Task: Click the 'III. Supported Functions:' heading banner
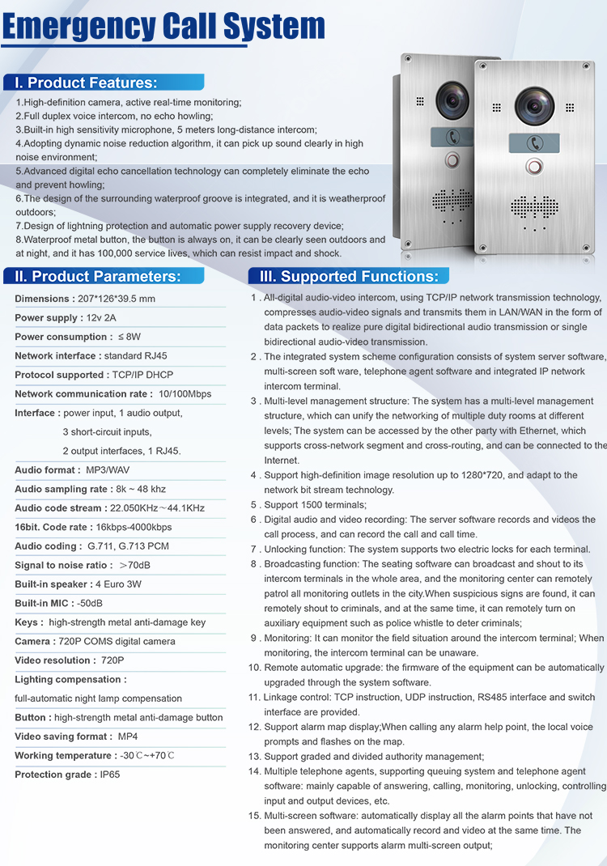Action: pyautogui.click(x=349, y=276)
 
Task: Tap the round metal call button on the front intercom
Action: pyautogui.click(x=533, y=167)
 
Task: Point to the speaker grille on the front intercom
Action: pyautogui.click(x=534, y=207)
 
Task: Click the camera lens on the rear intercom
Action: pyautogui.click(x=452, y=99)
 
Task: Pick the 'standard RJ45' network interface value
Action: pyautogui.click(x=135, y=356)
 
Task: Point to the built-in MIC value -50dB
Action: pyautogui.click(x=90, y=603)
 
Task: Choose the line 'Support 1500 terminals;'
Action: pyautogui.click(x=315, y=505)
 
